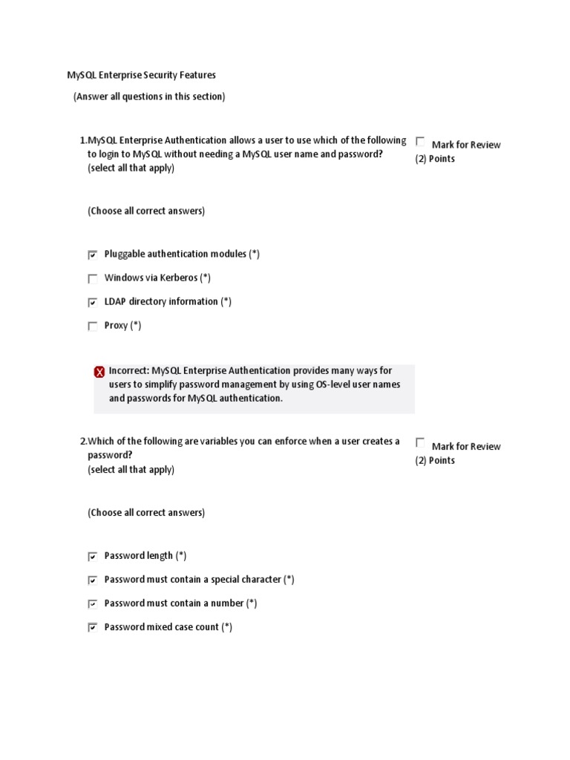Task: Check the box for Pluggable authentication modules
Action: [x=93, y=255]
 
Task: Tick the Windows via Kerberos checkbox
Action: [x=93, y=279]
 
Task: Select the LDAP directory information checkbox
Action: [x=93, y=303]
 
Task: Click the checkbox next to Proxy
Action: [x=93, y=327]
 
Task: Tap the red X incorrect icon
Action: [x=99, y=372]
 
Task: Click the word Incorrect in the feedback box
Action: [x=128, y=370]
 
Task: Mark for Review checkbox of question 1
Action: [x=421, y=141]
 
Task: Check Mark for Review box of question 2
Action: [x=421, y=442]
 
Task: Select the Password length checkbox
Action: [x=93, y=557]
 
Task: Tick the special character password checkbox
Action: [x=93, y=580]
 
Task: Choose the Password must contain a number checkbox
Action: [x=93, y=604]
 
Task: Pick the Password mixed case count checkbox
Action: [x=93, y=628]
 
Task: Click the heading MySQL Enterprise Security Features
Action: [x=141, y=75]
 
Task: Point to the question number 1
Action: [x=82, y=140]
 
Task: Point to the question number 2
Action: [x=82, y=442]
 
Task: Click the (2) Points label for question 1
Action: [x=435, y=159]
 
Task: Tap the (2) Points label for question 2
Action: [x=435, y=460]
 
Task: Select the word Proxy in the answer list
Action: [x=116, y=325]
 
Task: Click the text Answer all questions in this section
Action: [x=148, y=96]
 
